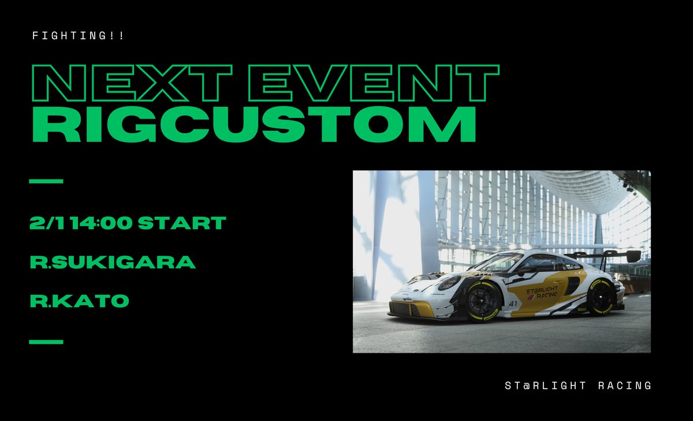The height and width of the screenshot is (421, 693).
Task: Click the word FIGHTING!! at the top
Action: pos(79,36)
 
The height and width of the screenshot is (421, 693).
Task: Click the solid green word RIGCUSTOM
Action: pos(254,124)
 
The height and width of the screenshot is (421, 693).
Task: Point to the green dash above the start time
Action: pos(46,181)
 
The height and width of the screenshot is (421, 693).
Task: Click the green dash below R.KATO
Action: pos(46,341)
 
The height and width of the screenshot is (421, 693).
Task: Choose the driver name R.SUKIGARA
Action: pos(113,262)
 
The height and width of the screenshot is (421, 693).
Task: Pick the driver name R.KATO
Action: pos(79,301)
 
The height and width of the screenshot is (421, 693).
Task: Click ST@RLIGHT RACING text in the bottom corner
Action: pos(577,386)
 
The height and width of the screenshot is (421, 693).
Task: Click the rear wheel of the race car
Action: pos(601,296)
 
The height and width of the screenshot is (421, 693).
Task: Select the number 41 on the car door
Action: pos(513,303)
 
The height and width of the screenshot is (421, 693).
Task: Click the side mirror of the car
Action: pos(527,269)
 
